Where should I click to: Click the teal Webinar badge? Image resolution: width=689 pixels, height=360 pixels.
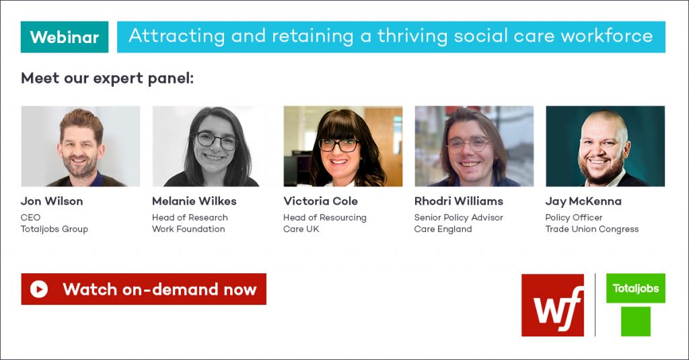click(x=65, y=37)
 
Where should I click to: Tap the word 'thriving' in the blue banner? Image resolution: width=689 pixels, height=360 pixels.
click(x=412, y=36)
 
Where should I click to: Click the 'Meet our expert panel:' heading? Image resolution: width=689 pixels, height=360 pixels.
click(x=107, y=78)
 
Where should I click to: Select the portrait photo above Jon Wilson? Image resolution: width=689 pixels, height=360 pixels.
click(x=81, y=146)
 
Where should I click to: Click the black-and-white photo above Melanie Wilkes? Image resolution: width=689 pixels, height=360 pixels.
click(x=212, y=146)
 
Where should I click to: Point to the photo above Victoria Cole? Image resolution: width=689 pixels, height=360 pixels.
click(x=342, y=146)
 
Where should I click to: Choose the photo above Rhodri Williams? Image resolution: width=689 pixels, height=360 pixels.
click(x=474, y=146)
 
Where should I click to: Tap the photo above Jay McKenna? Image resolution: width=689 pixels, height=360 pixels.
click(x=605, y=146)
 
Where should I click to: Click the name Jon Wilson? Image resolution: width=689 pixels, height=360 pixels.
click(x=52, y=201)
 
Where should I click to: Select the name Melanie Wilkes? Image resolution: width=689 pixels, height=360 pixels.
click(x=194, y=201)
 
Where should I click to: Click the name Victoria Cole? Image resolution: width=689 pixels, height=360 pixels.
click(x=320, y=201)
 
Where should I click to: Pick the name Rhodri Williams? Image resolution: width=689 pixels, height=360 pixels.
click(x=459, y=201)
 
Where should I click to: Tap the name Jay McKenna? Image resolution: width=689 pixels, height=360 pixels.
click(x=583, y=202)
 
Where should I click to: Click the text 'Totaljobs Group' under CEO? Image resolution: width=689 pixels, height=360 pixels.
click(x=55, y=229)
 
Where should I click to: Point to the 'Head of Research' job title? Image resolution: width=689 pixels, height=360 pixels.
click(x=190, y=217)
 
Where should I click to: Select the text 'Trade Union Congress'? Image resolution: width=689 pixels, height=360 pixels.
click(x=592, y=229)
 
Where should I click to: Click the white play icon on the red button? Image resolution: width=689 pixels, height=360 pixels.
click(x=38, y=289)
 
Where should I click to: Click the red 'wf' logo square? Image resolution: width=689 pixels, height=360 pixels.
click(x=553, y=305)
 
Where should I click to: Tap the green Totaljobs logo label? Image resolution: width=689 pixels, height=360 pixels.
click(x=636, y=289)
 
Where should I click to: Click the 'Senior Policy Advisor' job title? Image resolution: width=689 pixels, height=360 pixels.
click(x=458, y=217)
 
